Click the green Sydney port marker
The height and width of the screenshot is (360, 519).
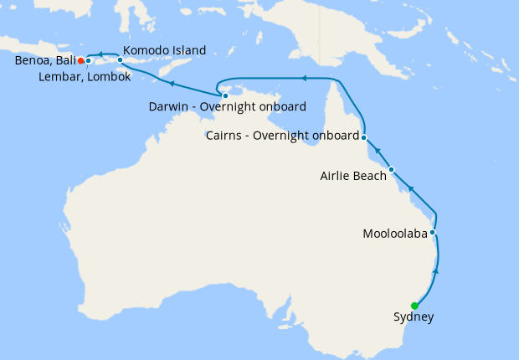414,306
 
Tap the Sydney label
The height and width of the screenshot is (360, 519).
414,317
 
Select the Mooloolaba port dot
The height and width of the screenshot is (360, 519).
433,233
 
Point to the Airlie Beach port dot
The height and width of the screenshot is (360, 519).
391,169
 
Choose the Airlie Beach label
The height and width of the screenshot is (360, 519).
353,176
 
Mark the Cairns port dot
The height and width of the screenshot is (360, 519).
364,136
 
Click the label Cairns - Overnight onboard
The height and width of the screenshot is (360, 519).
282,136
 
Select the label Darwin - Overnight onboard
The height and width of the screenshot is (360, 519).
227,107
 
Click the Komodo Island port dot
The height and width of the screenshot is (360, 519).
120,60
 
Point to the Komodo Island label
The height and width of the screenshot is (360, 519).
164,51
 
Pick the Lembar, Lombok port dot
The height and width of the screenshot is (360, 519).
88,60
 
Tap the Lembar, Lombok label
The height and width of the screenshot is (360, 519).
85,78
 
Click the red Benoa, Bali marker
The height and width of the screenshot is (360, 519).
80,60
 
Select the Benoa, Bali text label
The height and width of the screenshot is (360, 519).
44,61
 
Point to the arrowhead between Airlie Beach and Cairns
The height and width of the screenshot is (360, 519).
377,151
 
